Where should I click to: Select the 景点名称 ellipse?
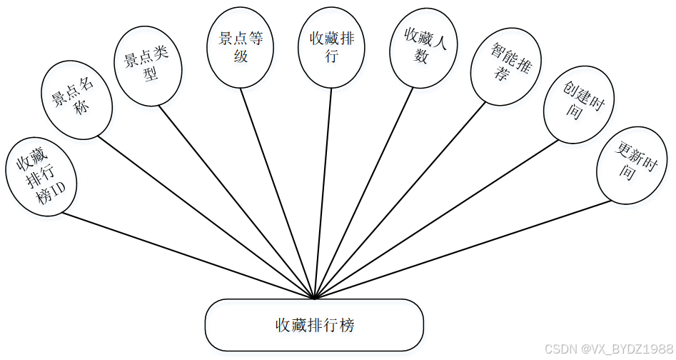pos(76,99)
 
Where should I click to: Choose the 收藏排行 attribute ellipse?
pos(332,47)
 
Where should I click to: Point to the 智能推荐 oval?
pos(507,69)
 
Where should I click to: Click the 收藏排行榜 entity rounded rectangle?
pos(315,325)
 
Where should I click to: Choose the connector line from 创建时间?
pos(435,219)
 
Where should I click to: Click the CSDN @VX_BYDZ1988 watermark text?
pos(607,349)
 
